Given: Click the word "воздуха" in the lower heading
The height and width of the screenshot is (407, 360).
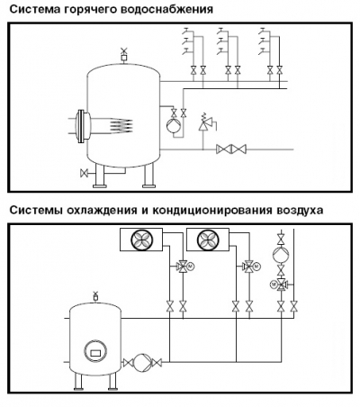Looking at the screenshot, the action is coord(298,210).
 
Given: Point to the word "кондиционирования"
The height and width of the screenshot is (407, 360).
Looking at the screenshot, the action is coord(211,210).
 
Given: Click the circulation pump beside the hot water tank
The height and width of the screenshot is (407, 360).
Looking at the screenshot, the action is coord(174,125).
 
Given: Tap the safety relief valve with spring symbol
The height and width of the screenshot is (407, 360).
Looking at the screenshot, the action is coord(206,122).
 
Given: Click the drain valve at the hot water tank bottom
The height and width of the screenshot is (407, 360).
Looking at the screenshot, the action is coord(85,173).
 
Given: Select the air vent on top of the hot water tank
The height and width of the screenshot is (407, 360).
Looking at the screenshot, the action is coord(123,55).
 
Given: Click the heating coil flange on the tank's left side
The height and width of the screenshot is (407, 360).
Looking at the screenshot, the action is coord(82,126).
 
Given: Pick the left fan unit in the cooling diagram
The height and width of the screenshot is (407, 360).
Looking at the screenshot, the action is coord(141,240).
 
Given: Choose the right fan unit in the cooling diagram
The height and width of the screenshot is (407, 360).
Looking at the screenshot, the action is coord(208,240).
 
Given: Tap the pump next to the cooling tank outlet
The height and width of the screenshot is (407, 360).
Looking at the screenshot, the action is coord(142,363).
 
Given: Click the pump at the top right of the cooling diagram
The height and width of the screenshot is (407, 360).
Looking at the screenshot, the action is coord(281,254).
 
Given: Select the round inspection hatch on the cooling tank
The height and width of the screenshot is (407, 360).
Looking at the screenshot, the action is coord(95,352).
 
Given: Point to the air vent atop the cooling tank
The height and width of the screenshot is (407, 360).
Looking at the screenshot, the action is coord(95,296).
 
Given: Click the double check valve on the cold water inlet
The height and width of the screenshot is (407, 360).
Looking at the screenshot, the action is coord(231,149).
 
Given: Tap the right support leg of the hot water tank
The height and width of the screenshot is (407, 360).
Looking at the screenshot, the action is coord(148,176).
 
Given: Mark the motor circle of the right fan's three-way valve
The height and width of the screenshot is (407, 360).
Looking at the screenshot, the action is coord(256,266).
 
